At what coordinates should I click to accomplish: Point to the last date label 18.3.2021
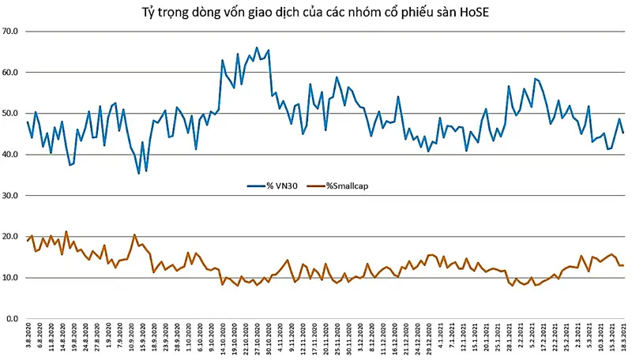pyautogui.click(x=623, y=339)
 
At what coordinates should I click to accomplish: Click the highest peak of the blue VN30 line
pyautogui.click(x=257, y=47)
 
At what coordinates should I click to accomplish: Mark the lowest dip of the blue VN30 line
pyautogui.click(x=139, y=173)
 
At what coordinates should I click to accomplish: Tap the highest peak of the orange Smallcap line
pyautogui.click(x=66, y=231)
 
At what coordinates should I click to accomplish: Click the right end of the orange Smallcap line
pyautogui.click(x=623, y=265)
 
